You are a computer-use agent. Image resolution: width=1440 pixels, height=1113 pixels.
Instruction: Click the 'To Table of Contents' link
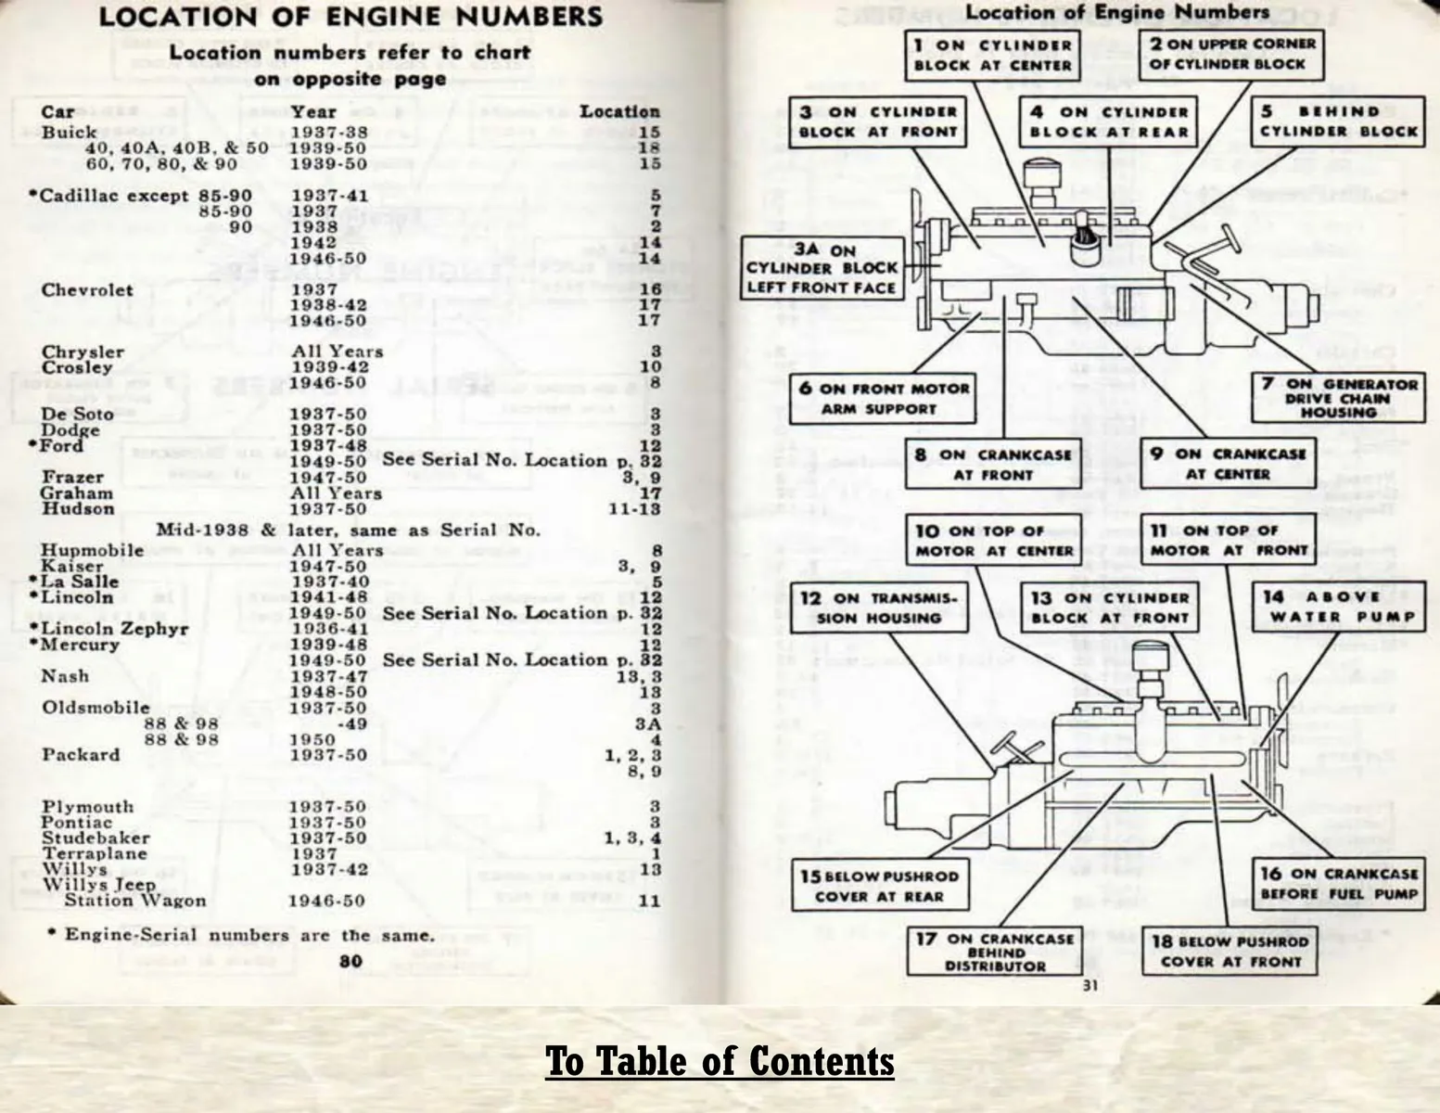(x=720, y=1061)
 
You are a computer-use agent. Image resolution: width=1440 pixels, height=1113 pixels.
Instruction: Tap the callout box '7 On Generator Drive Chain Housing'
(x=1338, y=397)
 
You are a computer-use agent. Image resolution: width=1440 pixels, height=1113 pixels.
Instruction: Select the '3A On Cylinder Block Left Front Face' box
(x=822, y=269)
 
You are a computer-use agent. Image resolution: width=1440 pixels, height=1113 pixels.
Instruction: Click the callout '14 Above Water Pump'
(x=1338, y=607)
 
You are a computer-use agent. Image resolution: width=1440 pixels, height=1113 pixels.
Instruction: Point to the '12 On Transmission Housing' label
(x=878, y=608)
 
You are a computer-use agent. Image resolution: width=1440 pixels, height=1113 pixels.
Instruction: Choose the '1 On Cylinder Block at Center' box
(x=992, y=55)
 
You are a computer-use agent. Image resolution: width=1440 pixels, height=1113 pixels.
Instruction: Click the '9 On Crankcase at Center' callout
(x=1227, y=463)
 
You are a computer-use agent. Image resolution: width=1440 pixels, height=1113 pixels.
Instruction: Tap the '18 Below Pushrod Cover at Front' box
(x=1230, y=952)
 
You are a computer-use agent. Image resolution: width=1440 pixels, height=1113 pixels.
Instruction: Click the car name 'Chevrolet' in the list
(x=87, y=290)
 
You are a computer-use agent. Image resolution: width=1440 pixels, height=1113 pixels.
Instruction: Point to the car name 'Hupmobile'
(x=92, y=550)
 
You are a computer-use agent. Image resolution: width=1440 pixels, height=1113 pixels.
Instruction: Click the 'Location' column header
(x=619, y=111)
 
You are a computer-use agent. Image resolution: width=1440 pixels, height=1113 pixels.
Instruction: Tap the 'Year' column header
(x=313, y=111)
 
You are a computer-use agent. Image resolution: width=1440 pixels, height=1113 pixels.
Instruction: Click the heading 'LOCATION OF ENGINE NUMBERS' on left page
(x=350, y=18)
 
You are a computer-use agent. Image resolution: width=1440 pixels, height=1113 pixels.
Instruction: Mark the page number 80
(x=350, y=961)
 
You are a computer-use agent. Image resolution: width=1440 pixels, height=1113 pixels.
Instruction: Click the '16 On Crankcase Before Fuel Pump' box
(x=1338, y=883)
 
